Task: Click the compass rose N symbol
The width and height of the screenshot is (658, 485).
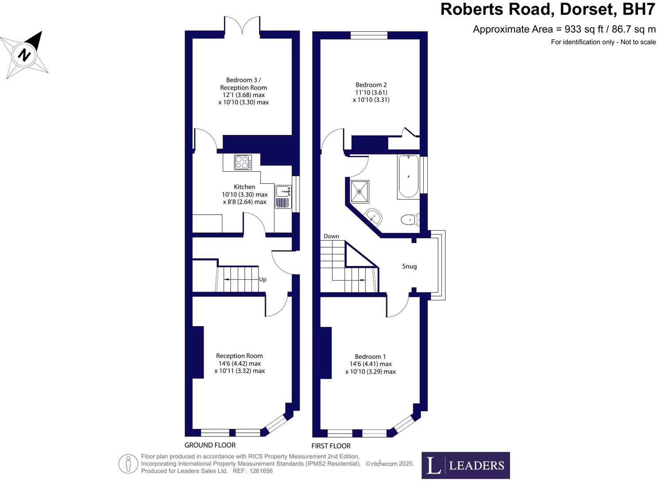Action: click(24, 55)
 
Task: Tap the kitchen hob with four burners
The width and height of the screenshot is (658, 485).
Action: click(243, 162)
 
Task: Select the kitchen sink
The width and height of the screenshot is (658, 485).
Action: click(283, 191)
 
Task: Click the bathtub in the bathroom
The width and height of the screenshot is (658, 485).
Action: click(408, 177)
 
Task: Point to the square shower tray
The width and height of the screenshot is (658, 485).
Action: click(359, 192)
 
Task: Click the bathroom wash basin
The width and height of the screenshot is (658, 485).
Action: click(373, 217)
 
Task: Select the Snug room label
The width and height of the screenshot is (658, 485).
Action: click(409, 266)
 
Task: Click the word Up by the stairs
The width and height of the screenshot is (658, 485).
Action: click(263, 280)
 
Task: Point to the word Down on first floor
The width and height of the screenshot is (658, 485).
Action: click(331, 236)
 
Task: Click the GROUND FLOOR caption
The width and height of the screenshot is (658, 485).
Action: click(210, 445)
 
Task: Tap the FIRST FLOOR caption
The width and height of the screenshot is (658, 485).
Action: click(331, 446)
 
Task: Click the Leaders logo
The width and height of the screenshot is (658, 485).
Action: click(465, 465)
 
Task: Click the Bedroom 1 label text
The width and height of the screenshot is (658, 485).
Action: click(370, 357)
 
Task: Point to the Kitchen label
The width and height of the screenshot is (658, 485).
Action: click(244, 187)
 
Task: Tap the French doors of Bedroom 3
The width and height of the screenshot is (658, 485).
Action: click(242, 26)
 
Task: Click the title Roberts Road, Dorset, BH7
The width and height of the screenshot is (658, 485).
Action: click(547, 9)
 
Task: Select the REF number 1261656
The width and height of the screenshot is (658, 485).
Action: click(261, 471)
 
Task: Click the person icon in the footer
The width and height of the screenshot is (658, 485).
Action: click(128, 464)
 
